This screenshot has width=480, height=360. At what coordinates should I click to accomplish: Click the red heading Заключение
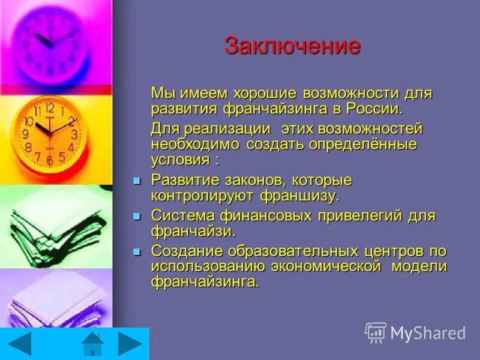[x=292, y=46]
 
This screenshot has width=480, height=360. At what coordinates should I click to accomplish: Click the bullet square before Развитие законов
[x=136, y=181]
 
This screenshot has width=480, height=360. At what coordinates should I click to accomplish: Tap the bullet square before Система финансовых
[x=136, y=216]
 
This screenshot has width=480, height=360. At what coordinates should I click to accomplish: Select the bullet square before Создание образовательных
[x=136, y=251]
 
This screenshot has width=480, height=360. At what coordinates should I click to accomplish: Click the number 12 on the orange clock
[x=50, y=108]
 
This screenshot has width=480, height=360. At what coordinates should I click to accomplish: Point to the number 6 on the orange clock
[x=50, y=161]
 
